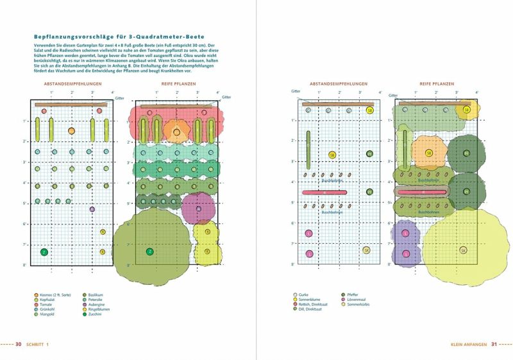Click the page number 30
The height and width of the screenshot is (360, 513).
point(19,345)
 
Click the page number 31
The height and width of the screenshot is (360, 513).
point(494,345)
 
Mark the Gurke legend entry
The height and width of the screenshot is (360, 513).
point(305,294)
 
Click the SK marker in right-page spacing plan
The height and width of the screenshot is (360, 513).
point(366,250)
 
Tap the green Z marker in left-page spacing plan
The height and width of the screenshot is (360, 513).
point(44,252)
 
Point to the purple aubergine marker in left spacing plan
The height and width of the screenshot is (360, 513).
point(92,209)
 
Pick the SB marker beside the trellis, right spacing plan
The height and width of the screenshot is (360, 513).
point(369,110)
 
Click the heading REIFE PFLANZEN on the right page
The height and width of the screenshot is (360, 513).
point(435,84)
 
